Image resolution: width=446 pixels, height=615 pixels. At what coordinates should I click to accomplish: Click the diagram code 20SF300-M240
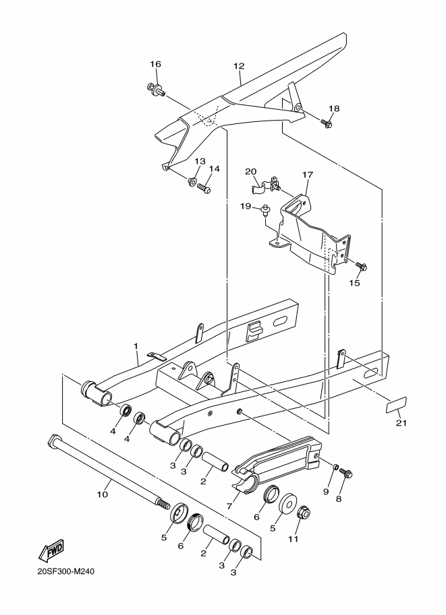[x=66, y=571]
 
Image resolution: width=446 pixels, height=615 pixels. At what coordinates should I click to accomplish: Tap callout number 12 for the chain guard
[x=239, y=66]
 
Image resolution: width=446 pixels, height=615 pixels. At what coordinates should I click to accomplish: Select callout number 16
[x=156, y=64]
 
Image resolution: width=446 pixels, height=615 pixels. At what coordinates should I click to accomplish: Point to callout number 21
[x=401, y=423]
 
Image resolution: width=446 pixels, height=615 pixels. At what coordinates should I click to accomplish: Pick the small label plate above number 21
[x=396, y=404]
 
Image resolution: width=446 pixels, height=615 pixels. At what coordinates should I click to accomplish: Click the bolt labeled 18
[x=327, y=123]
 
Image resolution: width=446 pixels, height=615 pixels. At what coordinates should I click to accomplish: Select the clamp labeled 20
[x=266, y=185]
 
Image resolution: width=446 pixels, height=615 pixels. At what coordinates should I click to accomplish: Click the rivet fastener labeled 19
[x=267, y=211]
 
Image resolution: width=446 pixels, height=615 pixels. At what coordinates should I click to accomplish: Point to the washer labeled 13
[x=192, y=182]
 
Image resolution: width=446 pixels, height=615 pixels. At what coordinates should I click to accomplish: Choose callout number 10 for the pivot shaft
[x=102, y=494]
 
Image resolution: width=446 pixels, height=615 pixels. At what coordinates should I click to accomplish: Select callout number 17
[x=307, y=174]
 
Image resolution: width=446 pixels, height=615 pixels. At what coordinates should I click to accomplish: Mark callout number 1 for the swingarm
[x=136, y=346]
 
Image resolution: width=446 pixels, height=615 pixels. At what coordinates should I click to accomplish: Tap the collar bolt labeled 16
[x=156, y=90]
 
